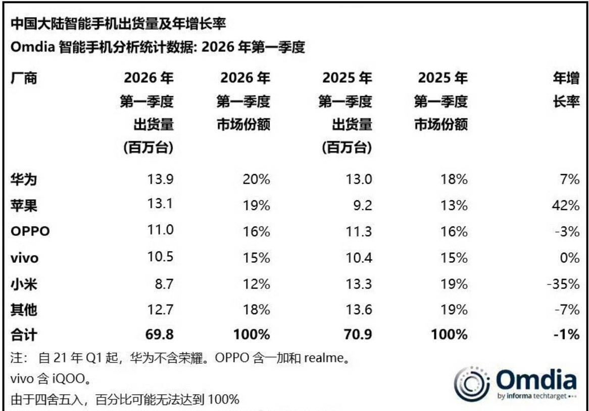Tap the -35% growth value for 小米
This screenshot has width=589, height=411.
pyautogui.click(x=562, y=283)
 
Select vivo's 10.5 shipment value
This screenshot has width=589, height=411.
pyautogui.click(x=160, y=257)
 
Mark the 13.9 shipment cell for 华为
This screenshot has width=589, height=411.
pyautogui.click(x=160, y=179)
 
